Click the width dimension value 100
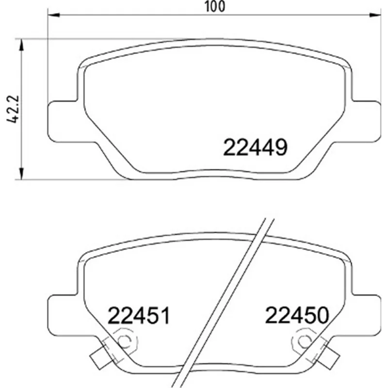(x=215, y=6)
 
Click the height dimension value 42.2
(x=13, y=109)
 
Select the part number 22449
(x=255, y=147)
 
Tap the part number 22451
(x=139, y=315)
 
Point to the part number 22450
(x=297, y=315)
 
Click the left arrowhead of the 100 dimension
(x=54, y=15)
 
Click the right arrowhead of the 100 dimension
(x=374, y=15)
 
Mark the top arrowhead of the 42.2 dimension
(x=22, y=45)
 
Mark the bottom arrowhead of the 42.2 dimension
(x=22, y=173)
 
